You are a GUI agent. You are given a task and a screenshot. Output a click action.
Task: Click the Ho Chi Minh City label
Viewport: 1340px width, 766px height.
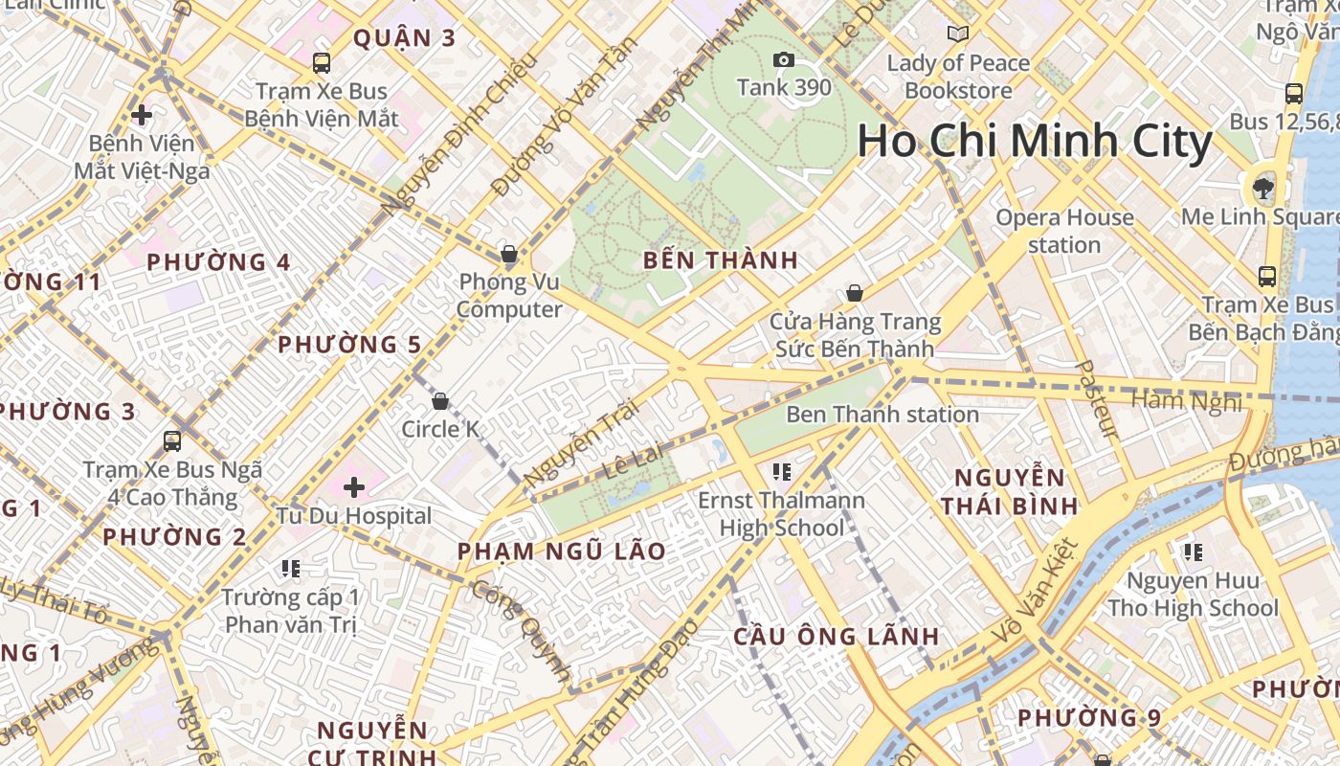pyautogui.click(x=1035, y=142)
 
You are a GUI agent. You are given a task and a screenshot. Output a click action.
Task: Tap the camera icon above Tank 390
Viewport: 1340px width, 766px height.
pyautogui.click(x=784, y=60)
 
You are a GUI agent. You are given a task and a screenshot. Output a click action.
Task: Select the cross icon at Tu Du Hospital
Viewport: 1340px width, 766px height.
pyautogui.click(x=354, y=487)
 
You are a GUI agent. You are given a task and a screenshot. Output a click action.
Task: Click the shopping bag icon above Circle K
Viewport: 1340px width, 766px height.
pyautogui.click(x=440, y=401)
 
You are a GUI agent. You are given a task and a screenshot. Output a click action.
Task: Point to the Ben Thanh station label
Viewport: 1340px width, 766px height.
pyautogui.click(x=882, y=415)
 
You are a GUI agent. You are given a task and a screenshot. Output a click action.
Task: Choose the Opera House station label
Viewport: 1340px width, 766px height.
pyautogui.click(x=1064, y=231)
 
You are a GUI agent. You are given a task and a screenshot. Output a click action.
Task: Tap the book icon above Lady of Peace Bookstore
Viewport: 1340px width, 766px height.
pyautogui.click(x=957, y=34)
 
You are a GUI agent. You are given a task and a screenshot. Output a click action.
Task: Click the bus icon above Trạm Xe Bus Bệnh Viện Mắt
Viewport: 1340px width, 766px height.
pyautogui.click(x=322, y=63)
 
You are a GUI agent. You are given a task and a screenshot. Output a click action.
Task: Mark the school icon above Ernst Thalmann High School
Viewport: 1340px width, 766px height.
pyautogui.click(x=781, y=472)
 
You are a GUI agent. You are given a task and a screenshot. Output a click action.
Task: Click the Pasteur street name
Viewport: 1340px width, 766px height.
pyautogui.click(x=1096, y=399)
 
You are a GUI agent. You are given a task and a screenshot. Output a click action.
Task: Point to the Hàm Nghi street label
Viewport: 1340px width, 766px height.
pyautogui.click(x=1186, y=400)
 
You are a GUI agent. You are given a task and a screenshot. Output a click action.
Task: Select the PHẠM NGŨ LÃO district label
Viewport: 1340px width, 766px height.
pyautogui.click(x=561, y=552)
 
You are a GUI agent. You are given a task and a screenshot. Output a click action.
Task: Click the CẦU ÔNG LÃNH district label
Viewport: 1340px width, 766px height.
pyautogui.click(x=836, y=637)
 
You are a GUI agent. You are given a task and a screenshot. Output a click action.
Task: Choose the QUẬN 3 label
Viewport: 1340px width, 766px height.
pyautogui.click(x=404, y=38)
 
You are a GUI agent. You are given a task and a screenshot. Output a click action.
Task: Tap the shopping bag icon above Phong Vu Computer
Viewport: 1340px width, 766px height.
pyautogui.click(x=509, y=255)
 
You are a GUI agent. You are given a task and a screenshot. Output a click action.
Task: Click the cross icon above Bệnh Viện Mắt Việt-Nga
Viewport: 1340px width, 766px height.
pyautogui.click(x=142, y=116)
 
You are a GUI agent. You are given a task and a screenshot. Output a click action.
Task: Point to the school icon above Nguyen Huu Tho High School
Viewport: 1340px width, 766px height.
pyautogui.click(x=1193, y=552)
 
